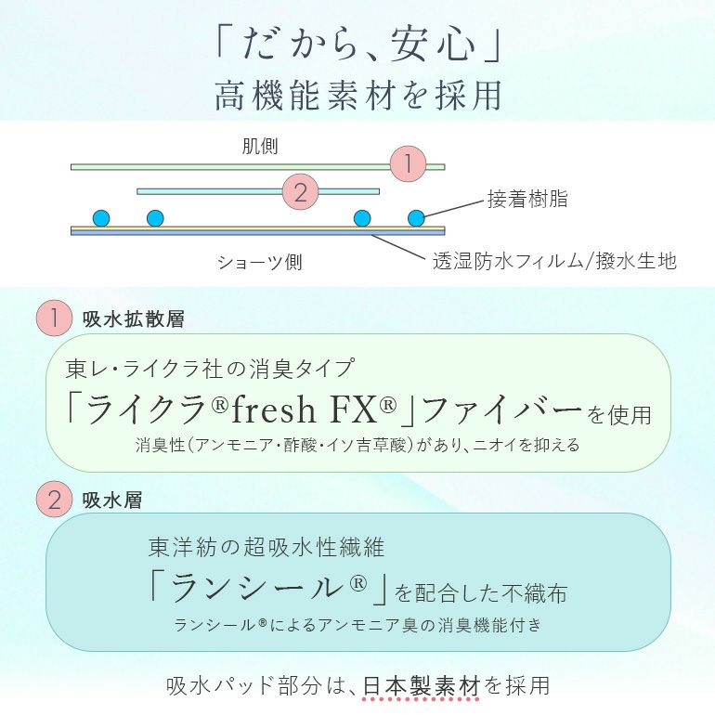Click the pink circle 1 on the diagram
point(409,163)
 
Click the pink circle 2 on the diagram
point(300,191)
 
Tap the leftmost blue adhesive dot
point(101,218)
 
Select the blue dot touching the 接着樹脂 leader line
point(416,218)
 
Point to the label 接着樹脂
point(527,199)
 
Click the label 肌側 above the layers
point(260,147)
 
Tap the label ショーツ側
point(259,262)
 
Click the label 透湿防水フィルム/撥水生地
point(554,261)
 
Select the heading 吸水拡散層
point(134,318)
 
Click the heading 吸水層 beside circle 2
point(112,500)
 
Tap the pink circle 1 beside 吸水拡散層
point(54,318)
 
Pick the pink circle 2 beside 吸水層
point(54,499)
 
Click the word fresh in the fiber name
point(273,409)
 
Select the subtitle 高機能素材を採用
point(358,96)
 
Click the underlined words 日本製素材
point(422,685)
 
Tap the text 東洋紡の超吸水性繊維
point(266,547)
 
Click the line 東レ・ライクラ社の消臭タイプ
point(210,369)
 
